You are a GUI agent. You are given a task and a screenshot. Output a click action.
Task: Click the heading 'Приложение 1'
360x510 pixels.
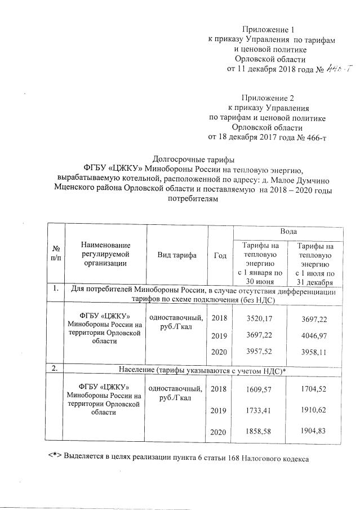tap(268, 29)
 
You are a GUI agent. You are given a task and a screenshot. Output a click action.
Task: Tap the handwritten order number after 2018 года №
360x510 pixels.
tap(339, 69)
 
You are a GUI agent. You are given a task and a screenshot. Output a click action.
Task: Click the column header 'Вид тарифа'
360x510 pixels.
tap(177, 255)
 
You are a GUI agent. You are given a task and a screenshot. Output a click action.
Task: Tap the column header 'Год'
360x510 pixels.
tap(220, 255)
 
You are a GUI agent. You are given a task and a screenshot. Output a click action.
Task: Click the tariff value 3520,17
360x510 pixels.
tap(260, 319)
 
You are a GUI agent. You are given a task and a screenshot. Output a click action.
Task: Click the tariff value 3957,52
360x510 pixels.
tap(260, 353)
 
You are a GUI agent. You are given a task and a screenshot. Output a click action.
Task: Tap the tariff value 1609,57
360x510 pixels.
tap(260, 389)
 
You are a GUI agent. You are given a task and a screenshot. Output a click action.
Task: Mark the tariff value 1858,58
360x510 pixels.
tap(260, 431)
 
